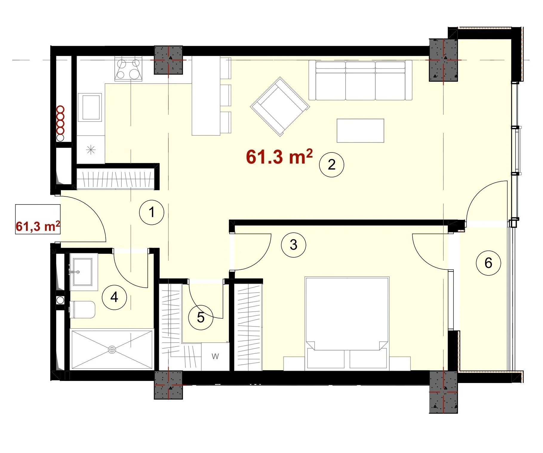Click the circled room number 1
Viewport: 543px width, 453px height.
[x=152, y=212]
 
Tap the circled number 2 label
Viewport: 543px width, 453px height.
[x=332, y=164]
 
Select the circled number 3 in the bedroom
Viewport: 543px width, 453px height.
[x=293, y=245]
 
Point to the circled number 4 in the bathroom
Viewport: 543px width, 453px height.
[x=114, y=297]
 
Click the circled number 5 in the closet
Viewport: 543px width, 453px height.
[x=201, y=318]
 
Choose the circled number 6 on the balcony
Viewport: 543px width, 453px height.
[x=488, y=263]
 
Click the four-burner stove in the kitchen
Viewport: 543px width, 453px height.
[x=128, y=69]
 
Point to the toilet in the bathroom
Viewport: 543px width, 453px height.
[x=82, y=309]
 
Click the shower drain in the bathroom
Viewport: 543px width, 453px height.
[x=112, y=349]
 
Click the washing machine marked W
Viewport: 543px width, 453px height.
[x=215, y=356]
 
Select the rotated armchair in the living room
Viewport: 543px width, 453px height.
[x=280, y=107]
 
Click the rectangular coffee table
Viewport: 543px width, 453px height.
[x=360, y=131]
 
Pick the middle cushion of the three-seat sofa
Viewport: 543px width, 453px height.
[x=360, y=81]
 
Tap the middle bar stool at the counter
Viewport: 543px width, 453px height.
[x=226, y=95]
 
